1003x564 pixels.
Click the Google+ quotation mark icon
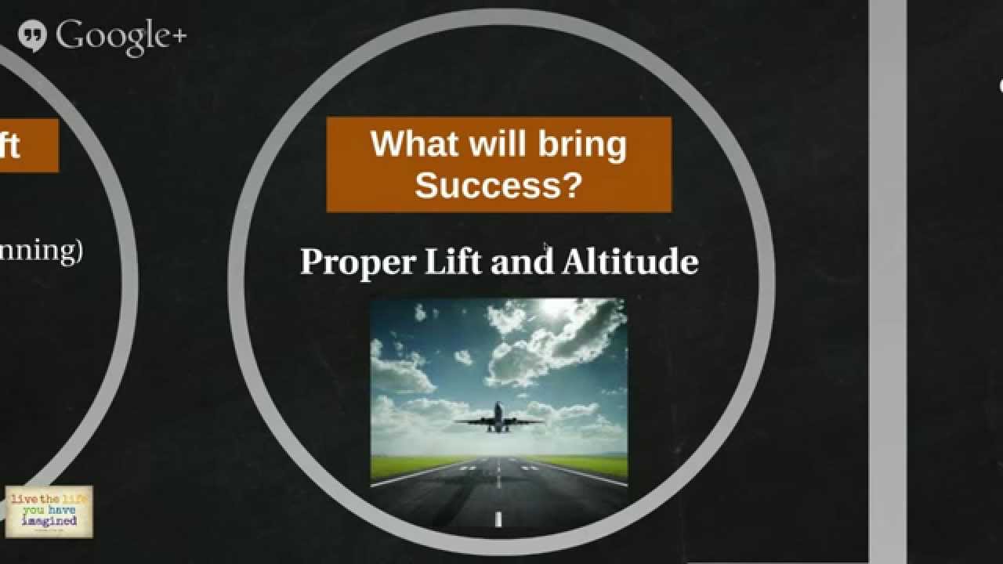(32, 35)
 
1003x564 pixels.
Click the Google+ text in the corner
(121, 35)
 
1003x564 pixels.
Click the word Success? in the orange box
(498, 186)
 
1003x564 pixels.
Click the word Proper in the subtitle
(357, 262)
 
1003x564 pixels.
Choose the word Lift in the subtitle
(451, 261)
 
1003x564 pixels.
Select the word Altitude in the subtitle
(630, 261)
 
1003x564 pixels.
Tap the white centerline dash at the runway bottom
(498, 518)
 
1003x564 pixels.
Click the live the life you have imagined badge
(49, 512)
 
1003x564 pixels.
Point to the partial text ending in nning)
(39, 251)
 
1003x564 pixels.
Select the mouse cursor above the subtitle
(545, 247)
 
